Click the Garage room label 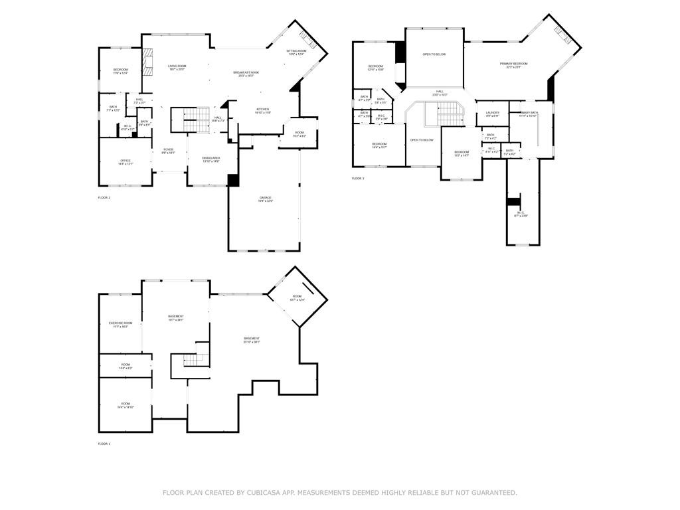point(266,199)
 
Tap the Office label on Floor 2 point(126,161)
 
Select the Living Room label point(177,67)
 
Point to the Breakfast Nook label point(246,74)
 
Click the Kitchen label point(262,110)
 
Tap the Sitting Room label point(296,52)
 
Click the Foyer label point(169,151)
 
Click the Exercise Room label point(120,324)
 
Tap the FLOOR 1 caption point(104,444)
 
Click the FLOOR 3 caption point(358,179)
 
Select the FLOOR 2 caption point(104,198)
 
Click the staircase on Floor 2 point(190,120)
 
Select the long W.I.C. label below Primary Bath point(520,214)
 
